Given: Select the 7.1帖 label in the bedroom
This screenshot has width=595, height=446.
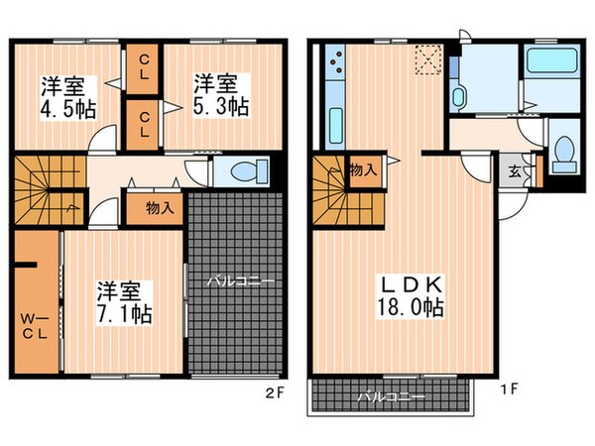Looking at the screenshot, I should click(x=123, y=315).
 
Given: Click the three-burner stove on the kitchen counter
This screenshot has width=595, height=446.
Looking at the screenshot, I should click(x=332, y=68).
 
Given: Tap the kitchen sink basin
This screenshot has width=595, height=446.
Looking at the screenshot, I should click(x=332, y=125).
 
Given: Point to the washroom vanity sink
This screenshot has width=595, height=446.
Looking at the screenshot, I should click(x=458, y=97).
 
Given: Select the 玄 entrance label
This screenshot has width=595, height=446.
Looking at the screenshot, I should click(x=517, y=170).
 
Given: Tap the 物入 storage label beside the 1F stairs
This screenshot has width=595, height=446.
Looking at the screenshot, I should click(x=363, y=169).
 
